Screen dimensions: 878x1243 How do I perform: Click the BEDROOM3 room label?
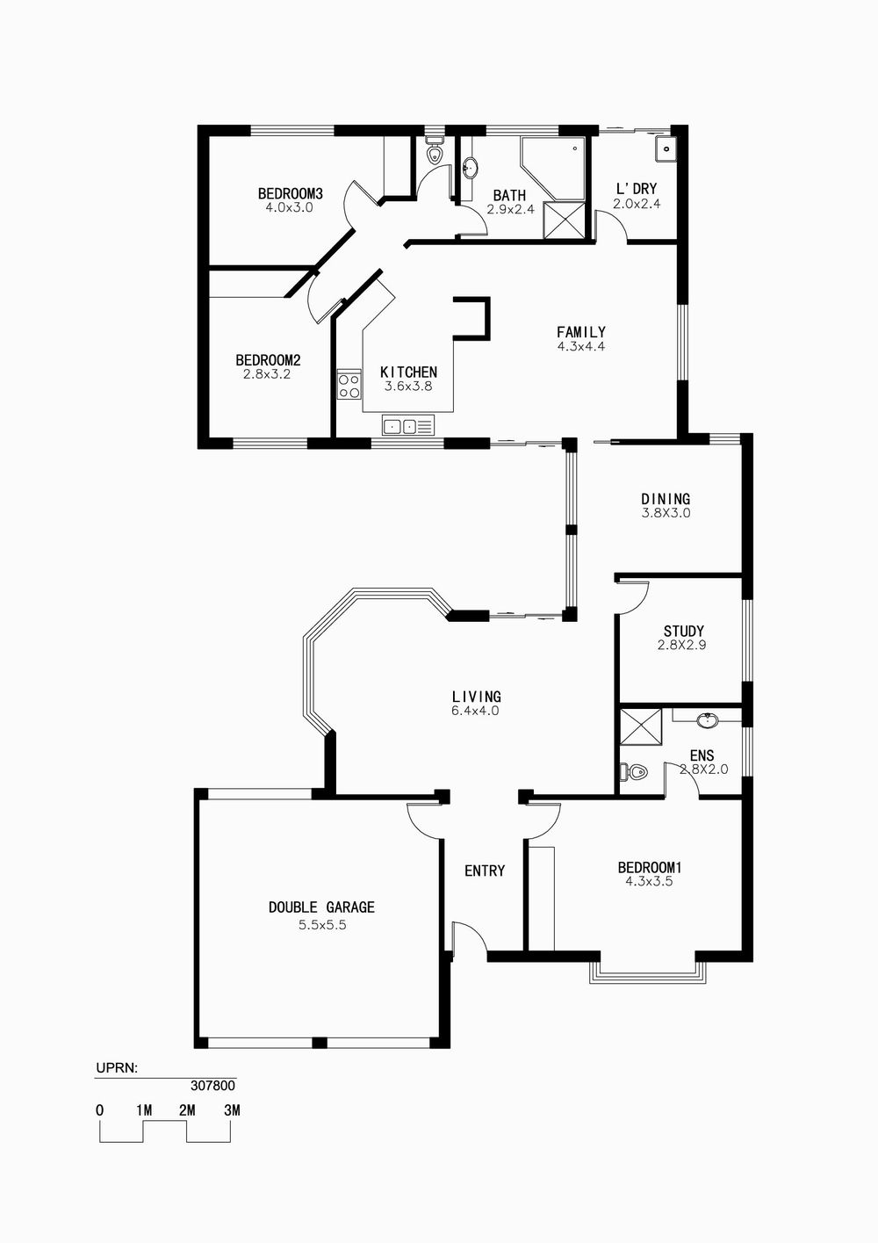click(290, 193)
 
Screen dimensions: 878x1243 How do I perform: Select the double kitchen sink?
click(407, 426)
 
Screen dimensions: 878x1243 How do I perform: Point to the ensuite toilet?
click(633, 772)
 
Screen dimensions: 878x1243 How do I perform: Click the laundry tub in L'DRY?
click(665, 148)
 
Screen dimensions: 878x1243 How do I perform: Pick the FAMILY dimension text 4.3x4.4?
click(580, 346)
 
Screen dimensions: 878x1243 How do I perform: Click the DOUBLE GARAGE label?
click(321, 907)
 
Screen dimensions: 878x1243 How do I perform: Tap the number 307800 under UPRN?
click(213, 1086)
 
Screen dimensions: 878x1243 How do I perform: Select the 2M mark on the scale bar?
click(187, 1109)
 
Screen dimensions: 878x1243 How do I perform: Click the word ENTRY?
click(485, 871)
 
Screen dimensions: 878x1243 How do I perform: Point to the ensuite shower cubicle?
click(641, 727)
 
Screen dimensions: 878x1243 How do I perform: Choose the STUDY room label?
click(684, 631)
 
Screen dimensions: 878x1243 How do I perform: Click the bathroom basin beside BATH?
click(471, 168)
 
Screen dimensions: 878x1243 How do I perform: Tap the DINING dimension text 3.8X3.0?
click(666, 513)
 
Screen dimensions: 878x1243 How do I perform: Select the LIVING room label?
click(477, 697)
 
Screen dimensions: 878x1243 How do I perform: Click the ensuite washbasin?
click(708, 720)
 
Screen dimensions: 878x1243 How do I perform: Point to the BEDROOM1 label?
click(650, 867)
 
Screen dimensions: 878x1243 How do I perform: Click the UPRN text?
click(117, 1067)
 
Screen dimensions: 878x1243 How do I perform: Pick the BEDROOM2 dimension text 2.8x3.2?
click(267, 374)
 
